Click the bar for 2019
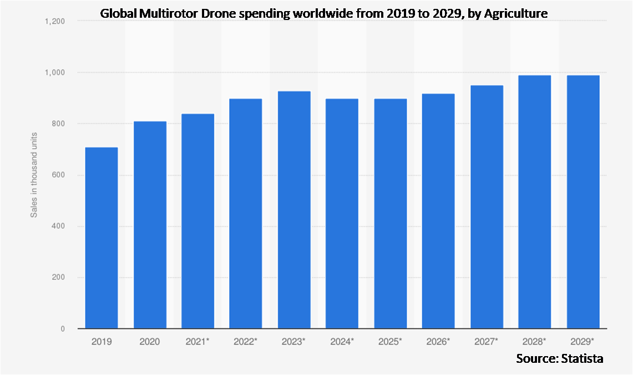point(102,238)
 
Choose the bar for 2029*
point(583,202)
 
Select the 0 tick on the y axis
point(63,329)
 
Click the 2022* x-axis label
point(246,342)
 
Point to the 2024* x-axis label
point(342,342)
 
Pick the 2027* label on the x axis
point(487,342)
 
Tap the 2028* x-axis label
point(535,342)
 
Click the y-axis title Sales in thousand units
point(34,175)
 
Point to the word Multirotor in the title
point(161,13)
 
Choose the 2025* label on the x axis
point(390,342)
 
